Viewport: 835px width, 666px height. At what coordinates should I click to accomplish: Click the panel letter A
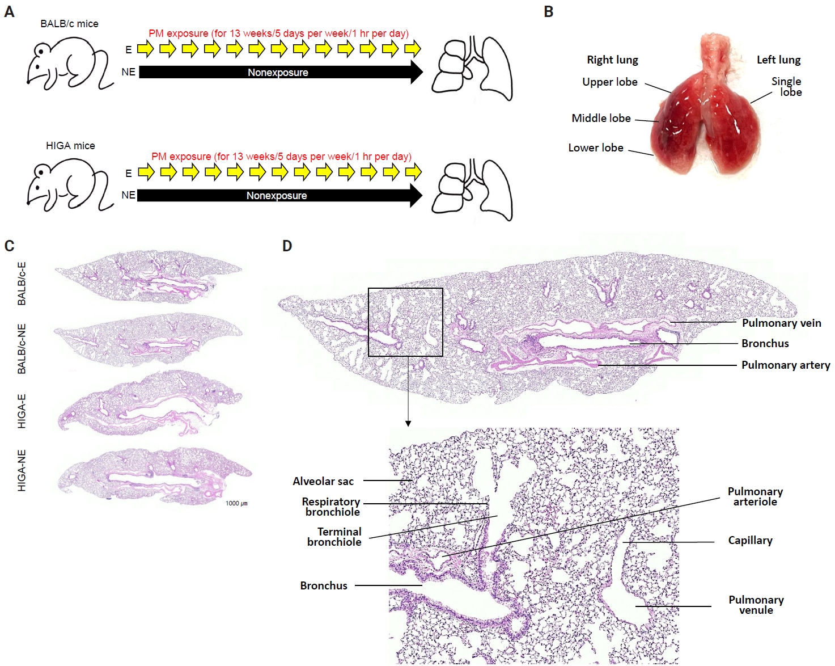(x=9, y=12)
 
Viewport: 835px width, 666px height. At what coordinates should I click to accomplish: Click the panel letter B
(x=548, y=12)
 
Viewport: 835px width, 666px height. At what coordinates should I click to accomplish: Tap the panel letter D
(x=287, y=246)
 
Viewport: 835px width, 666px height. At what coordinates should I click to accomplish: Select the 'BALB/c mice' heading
(x=70, y=24)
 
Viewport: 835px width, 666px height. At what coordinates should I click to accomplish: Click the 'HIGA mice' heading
(x=70, y=146)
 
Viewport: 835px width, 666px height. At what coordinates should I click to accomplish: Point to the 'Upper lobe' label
(x=609, y=82)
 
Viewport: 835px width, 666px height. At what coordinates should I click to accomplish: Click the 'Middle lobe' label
(x=601, y=118)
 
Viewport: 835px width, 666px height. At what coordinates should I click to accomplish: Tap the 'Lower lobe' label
(x=596, y=147)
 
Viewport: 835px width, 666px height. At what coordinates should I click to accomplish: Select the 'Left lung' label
(x=779, y=60)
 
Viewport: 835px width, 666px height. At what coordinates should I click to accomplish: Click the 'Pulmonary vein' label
(x=782, y=323)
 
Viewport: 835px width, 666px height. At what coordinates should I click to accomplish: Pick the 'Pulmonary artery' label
(x=786, y=365)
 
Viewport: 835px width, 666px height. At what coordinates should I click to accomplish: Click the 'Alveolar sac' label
(x=323, y=481)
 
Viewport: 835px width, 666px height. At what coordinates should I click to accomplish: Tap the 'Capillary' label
(x=750, y=541)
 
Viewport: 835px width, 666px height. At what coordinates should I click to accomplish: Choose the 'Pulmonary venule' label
(x=756, y=605)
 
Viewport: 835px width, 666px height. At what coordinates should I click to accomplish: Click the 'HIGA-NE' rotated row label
(x=22, y=470)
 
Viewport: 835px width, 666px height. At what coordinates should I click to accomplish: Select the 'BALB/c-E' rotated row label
(x=22, y=284)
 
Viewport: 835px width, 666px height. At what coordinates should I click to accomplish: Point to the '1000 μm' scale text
(x=236, y=503)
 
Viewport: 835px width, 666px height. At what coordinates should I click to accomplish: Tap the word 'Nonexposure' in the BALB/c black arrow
(x=278, y=73)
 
